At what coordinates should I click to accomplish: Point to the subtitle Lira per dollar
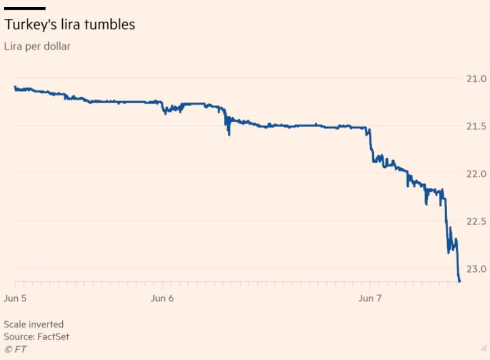click(37, 46)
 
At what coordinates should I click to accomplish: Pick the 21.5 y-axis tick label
click(476, 127)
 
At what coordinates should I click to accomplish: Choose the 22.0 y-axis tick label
click(476, 174)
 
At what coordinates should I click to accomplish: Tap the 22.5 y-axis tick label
click(476, 222)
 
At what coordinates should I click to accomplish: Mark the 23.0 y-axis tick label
click(476, 269)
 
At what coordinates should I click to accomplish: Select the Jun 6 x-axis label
click(162, 298)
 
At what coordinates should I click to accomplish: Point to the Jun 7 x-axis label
click(371, 298)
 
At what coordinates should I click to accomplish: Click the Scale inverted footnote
click(34, 324)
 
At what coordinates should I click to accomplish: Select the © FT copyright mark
click(15, 349)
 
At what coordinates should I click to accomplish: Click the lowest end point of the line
click(459, 281)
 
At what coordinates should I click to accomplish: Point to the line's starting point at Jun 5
click(15, 87)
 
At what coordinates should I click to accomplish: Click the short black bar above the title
click(24, 8)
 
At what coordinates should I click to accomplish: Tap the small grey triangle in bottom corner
click(483, 348)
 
